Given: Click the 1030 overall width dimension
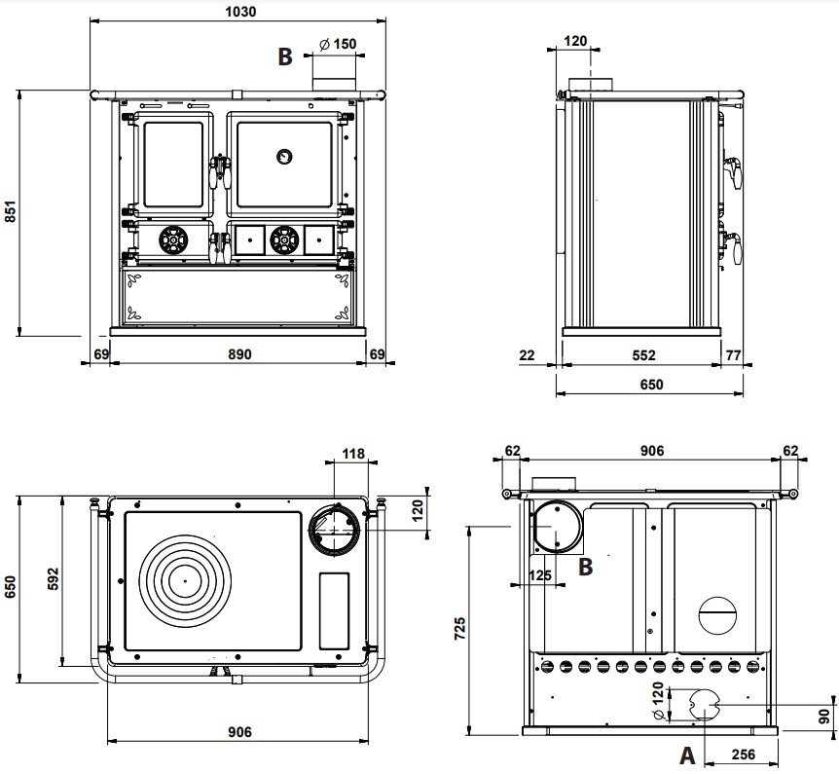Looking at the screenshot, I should [x=239, y=12].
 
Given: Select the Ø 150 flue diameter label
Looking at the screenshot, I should [x=337, y=44].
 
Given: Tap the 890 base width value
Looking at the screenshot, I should [x=239, y=354].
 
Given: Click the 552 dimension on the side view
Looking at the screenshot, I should [x=643, y=354].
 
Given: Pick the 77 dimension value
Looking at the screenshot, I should [x=734, y=354].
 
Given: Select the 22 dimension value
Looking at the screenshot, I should [x=529, y=354].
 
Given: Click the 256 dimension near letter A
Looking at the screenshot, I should [x=742, y=755].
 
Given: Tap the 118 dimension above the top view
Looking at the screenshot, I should [x=352, y=454].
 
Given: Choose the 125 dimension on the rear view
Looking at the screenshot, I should [x=540, y=575].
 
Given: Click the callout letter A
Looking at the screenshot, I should [x=686, y=754].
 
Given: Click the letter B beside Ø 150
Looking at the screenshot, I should [x=284, y=56].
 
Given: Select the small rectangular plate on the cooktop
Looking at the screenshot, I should [x=334, y=610].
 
